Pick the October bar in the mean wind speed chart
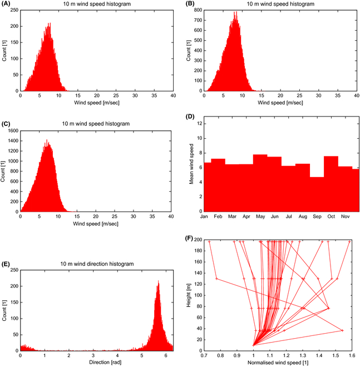[x=331, y=184]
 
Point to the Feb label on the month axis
[x=218, y=216]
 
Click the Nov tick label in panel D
[x=344, y=216]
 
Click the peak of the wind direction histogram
[x=158, y=280]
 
